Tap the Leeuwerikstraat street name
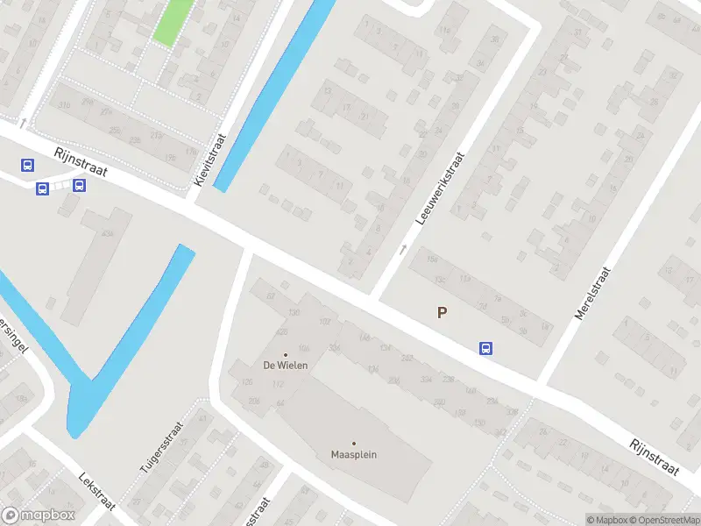pyautogui.click(x=441, y=187)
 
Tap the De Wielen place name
pyautogui.click(x=285, y=365)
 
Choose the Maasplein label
pyautogui.click(x=353, y=454)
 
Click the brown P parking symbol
pyautogui.click(x=443, y=312)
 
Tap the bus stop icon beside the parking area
pyautogui.click(x=485, y=348)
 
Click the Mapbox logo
pyautogui.click(x=39, y=515)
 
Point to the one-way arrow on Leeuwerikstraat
pyautogui.click(x=403, y=249)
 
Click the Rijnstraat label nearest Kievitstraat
pyautogui.click(x=80, y=162)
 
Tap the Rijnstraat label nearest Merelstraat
pyautogui.click(x=655, y=457)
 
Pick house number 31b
pyautogui.click(x=64, y=106)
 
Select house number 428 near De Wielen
pyautogui.click(x=281, y=332)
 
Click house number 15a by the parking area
pyautogui.click(x=431, y=259)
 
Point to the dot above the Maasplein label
pyautogui.click(x=354, y=444)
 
